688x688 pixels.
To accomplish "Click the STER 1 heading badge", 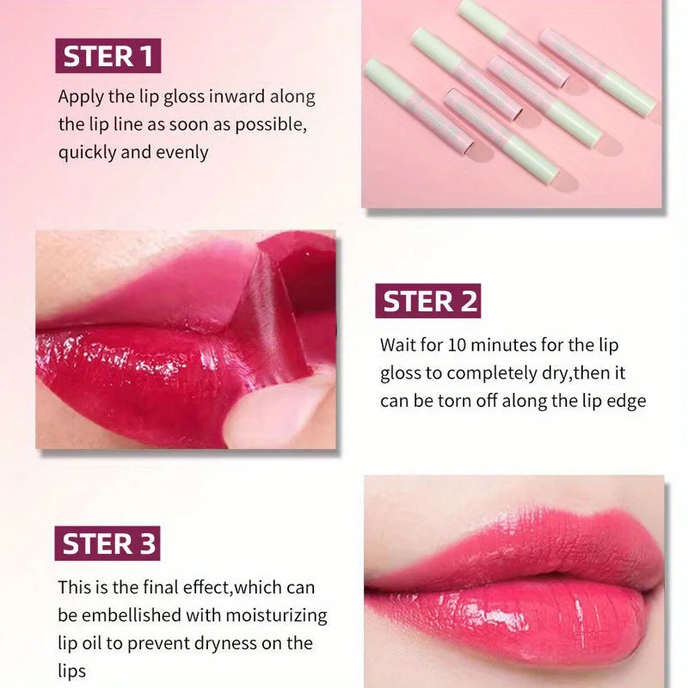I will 108,56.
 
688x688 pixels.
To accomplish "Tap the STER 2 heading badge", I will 427,301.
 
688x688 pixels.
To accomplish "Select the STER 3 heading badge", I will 108,544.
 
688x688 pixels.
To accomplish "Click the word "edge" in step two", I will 625,402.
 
